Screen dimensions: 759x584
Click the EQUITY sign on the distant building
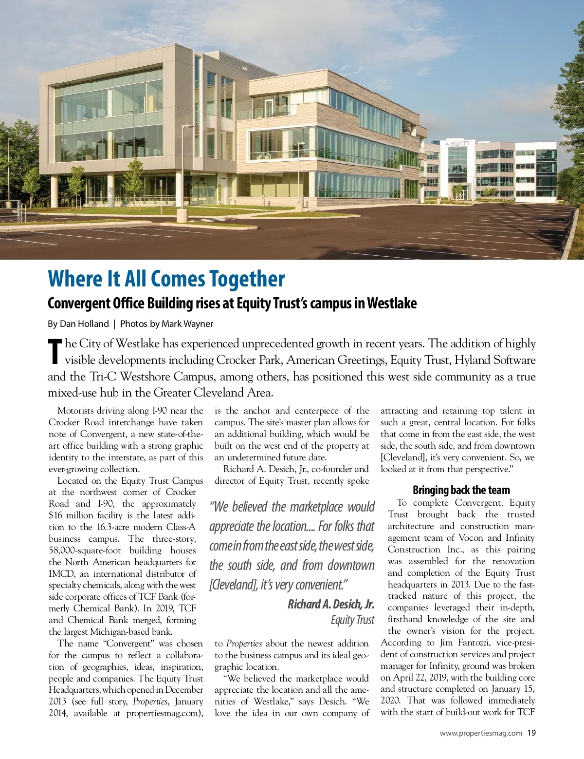pos(459,143)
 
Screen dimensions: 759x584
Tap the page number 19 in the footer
pos(531,733)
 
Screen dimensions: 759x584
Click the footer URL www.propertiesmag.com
pos(481,733)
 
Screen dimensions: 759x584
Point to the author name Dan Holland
pos(84,324)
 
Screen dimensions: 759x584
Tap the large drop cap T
pos(55,351)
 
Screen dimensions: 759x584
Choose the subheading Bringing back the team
pos(461,490)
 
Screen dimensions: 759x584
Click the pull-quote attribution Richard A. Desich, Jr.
pos(331,605)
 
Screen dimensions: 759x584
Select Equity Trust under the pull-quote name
pos(352,620)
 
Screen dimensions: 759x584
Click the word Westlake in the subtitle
pos(392,304)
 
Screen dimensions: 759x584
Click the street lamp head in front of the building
pos(188,127)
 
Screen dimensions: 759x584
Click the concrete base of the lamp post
pos(182,215)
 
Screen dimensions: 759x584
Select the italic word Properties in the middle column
pos(244,644)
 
